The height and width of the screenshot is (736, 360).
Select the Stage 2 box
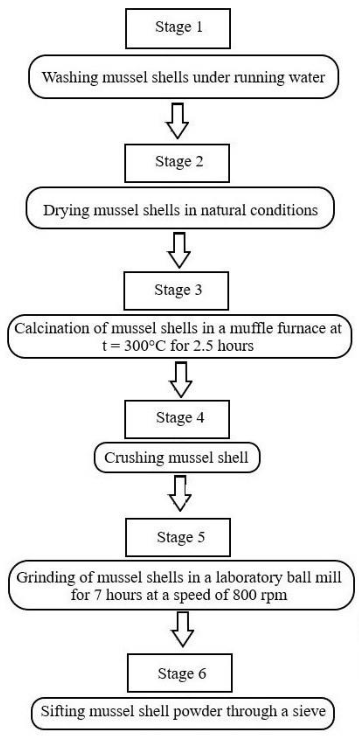177,163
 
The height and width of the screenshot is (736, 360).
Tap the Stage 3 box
176,291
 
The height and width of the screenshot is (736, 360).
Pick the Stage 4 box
177,419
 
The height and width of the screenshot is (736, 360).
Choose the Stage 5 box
178,537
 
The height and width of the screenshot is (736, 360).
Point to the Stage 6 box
180,673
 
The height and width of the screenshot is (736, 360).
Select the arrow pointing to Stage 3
179,250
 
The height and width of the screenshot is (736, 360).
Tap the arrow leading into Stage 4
181,380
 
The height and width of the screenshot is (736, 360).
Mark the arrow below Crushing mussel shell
180,493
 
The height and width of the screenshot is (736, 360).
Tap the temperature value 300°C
145,346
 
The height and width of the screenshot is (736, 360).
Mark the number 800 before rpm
245,595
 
